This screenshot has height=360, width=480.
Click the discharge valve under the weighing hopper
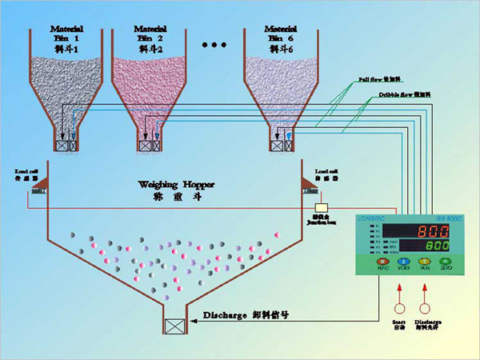(x=174, y=326)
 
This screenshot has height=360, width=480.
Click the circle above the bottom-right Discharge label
(x=426, y=307)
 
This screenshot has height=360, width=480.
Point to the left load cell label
(x=26, y=173)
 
